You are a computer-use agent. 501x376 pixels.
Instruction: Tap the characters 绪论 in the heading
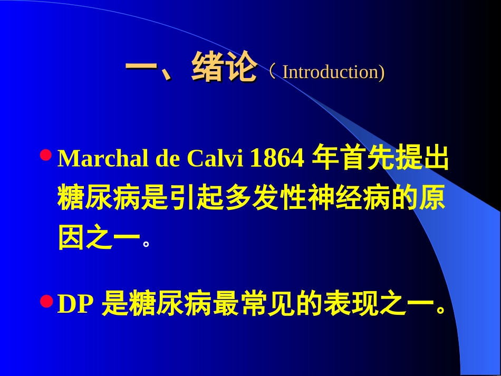224,68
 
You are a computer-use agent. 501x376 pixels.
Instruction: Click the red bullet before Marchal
46,155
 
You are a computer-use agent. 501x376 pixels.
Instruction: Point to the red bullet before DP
46,301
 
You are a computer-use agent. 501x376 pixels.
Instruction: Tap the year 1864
277,159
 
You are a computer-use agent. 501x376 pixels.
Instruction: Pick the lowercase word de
167,159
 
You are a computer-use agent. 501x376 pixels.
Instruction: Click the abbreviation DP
75,305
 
